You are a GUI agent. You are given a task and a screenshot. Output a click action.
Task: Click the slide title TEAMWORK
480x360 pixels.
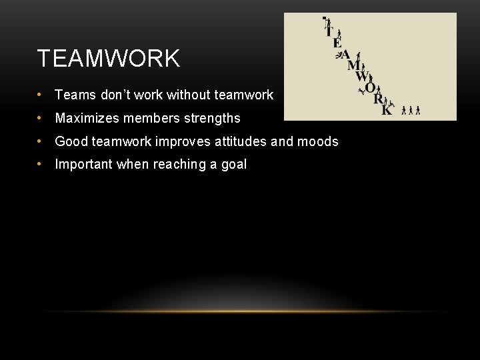[x=109, y=59]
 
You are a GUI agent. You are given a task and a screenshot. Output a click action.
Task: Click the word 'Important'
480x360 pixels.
[x=84, y=165]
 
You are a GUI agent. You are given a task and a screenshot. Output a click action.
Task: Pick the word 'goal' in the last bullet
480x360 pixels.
[x=233, y=165]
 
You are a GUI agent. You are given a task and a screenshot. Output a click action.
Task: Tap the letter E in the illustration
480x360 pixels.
[x=337, y=43]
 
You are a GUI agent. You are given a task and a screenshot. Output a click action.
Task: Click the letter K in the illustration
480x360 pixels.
[x=386, y=111]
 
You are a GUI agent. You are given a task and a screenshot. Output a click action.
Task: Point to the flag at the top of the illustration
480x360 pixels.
[x=325, y=19]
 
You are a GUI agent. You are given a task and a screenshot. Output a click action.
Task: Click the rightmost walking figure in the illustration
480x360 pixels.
[x=418, y=110]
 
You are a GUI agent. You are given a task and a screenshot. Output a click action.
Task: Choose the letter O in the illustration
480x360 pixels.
[x=370, y=88]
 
